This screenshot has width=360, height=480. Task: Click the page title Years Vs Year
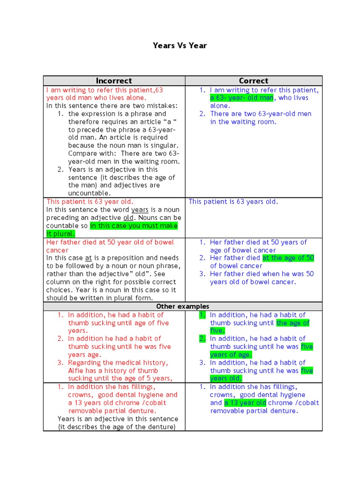pyautogui.click(x=180, y=45)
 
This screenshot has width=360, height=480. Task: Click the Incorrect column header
pyautogui.click(x=114, y=81)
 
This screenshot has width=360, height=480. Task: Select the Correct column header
pyautogui.click(x=254, y=81)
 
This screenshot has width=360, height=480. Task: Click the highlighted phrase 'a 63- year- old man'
pyautogui.click(x=241, y=98)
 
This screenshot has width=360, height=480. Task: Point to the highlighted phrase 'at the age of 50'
pyautogui.click(x=288, y=258)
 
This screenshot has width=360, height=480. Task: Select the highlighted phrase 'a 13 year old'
pyautogui.click(x=245, y=403)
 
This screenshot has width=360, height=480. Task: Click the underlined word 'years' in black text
pyautogui.click(x=140, y=210)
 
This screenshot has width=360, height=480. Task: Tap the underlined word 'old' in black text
pyautogui.click(x=128, y=218)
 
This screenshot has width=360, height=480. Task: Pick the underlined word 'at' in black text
pyautogui.click(x=88, y=258)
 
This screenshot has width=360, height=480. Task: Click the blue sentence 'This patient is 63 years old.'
pyautogui.click(x=233, y=202)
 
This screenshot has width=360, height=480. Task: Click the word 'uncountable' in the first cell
pyautogui.click(x=89, y=193)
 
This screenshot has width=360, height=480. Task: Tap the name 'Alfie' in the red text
pyautogui.click(x=77, y=371)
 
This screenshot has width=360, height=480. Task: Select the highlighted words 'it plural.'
pyautogui.click(x=60, y=234)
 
